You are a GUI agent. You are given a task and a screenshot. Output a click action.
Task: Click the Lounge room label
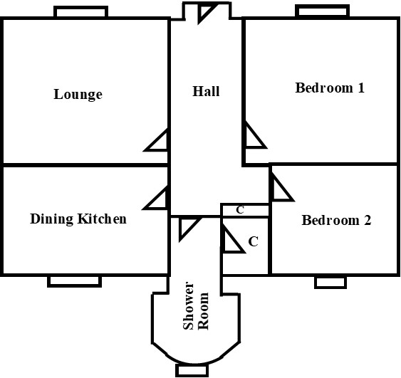pos(78,95)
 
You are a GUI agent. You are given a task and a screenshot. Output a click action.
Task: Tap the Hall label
pos(206,91)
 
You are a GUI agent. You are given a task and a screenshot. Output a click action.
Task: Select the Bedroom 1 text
pos(330,88)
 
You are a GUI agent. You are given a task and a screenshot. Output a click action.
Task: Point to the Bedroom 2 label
pos(336,220)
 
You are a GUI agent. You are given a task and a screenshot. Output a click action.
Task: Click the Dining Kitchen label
pos(78,219)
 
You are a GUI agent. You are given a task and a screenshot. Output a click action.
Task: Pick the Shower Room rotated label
pos(196,306)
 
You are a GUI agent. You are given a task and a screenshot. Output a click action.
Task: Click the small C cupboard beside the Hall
pos(240,210)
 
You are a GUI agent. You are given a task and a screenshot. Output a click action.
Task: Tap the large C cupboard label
pos(253,241)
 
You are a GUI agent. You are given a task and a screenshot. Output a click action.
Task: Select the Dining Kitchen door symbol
pos(156,198)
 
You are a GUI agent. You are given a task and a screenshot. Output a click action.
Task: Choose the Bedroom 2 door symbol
pos(282,187)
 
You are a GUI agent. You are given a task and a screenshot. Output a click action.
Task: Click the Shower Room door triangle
pos(189,229)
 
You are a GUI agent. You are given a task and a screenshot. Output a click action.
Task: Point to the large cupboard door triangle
pos(233,238)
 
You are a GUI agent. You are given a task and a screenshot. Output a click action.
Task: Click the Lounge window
pos(80,12)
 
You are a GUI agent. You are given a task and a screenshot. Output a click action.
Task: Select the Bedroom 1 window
pos(322,11)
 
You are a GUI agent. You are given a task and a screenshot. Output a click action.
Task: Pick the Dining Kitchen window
pos(74,281)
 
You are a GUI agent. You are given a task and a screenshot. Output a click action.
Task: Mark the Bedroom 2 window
pos(330,283)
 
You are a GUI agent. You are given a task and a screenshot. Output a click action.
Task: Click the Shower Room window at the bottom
pos(192,370)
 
